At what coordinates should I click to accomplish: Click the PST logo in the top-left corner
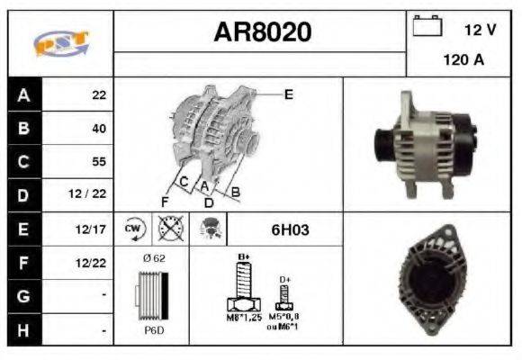[59, 42]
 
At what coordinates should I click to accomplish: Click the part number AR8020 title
[262, 32]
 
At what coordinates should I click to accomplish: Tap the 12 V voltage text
[480, 30]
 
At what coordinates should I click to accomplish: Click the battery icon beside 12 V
[425, 27]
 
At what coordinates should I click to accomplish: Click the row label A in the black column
[24, 94]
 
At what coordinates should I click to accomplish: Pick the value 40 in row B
[98, 128]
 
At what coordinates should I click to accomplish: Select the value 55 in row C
[98, 162]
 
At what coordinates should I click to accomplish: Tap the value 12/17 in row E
[93, 229]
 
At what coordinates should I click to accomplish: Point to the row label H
[24, 330]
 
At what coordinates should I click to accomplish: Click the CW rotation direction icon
[134, 229]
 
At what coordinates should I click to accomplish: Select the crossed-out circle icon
[167, 229]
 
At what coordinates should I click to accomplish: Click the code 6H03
[290, 229]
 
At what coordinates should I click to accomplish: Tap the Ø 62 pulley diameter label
[153, 258]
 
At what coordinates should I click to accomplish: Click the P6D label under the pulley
[153, 330]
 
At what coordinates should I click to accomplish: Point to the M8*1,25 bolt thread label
[243, 318]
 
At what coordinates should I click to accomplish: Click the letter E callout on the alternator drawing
[288, 94]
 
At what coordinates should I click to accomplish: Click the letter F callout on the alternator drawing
[165, 200]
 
